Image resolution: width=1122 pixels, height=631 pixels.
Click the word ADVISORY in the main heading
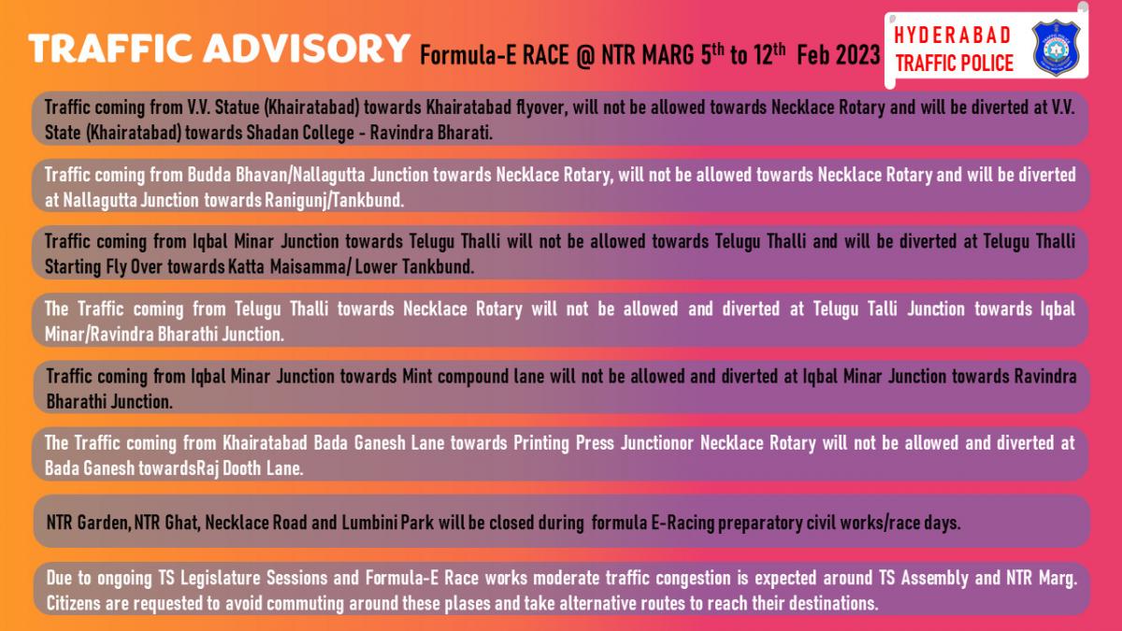(x=307, y=49)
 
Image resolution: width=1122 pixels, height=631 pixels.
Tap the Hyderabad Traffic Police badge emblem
(x=1056, y=49)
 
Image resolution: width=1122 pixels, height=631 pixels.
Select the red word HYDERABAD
(x=952, y=36)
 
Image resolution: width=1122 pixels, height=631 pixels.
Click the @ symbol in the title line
(x=584, y=55)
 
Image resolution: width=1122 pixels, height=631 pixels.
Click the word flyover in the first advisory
(x=542, y=108)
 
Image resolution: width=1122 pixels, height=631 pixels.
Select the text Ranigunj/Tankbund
(x=334, y=200)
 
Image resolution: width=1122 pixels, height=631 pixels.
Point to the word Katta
(x=246, y=267)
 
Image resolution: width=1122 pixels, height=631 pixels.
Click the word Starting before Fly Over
(x=73, y=267)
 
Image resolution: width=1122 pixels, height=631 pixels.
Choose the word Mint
(x=417, y=376)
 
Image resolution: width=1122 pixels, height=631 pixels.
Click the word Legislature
(x=221, y=578)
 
